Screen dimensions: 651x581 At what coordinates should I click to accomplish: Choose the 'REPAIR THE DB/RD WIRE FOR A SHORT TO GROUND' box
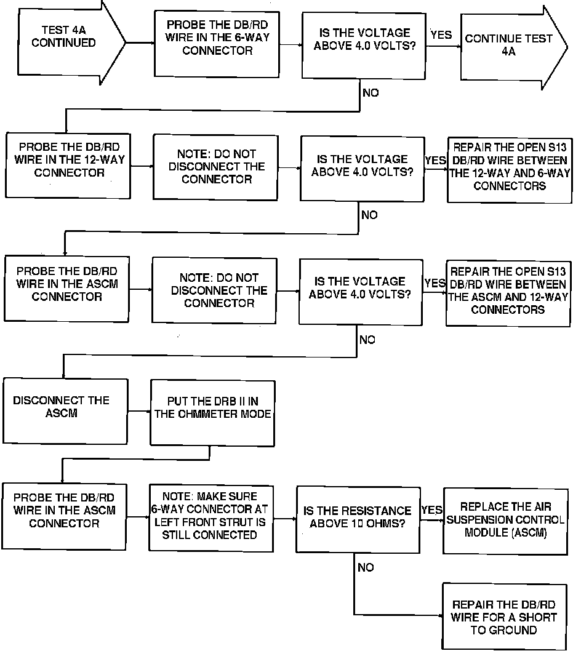tap(504, 617)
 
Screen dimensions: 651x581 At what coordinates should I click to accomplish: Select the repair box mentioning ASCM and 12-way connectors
tap(508, 290)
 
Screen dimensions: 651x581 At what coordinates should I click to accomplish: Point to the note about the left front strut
tap(210, 516)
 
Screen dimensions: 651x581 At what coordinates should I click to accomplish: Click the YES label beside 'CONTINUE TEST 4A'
tap(441, 35)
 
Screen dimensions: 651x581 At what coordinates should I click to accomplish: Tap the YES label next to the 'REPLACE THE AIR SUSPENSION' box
tap(432, 510)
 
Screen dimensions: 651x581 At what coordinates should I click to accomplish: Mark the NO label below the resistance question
tap(366, 567)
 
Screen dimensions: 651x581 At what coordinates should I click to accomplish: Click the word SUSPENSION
tap(483, 519)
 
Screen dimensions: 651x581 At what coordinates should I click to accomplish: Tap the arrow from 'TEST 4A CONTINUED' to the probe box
tap(140, 42)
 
